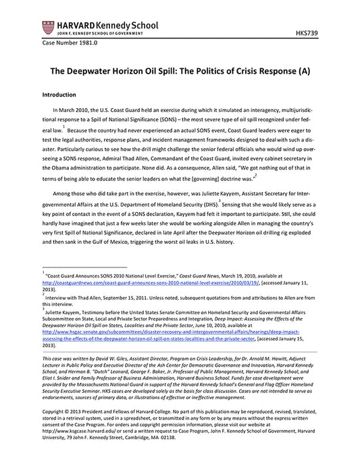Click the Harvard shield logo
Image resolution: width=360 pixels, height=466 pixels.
click(48, 28)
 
